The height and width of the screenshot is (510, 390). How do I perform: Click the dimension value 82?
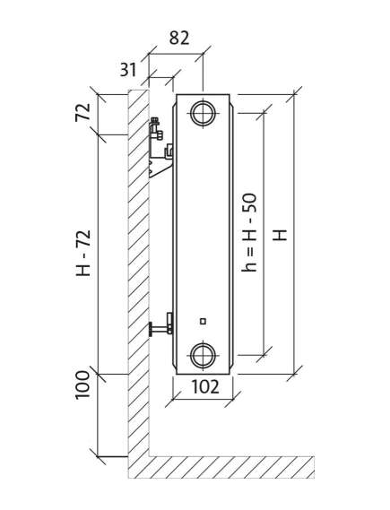click(x=179, y=38)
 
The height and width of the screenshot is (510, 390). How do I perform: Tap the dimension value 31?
click(x=128, y=69)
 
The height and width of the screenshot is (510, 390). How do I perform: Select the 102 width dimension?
click(x=205, y=386)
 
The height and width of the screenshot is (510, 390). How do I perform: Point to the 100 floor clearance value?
click(x=82, y=385)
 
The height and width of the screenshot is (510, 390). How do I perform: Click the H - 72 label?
click(x=83, y=253)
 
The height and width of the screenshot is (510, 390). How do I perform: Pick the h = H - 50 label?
click(x=249, y=232)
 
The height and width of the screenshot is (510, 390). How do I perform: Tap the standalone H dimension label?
click(x=280, y=235)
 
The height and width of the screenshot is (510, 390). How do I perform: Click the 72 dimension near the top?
click(x=82, y=112)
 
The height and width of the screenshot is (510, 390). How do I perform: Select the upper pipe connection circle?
click(x=203, y=113)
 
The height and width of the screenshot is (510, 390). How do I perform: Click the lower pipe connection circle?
click(x=203, y=355)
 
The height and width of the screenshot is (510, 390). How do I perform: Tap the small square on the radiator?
click(x=203, y=322)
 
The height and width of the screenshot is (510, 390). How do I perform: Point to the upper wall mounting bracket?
click(x=160, y=148)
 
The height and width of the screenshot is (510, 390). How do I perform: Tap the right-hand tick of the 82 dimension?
click(x=203, y=54)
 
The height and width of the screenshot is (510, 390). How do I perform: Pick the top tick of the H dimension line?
click(x=294, y=94)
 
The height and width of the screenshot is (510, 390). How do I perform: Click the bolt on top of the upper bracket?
click(x=155, y=121)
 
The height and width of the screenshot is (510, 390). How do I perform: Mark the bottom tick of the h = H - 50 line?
click(x=264, y=355)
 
